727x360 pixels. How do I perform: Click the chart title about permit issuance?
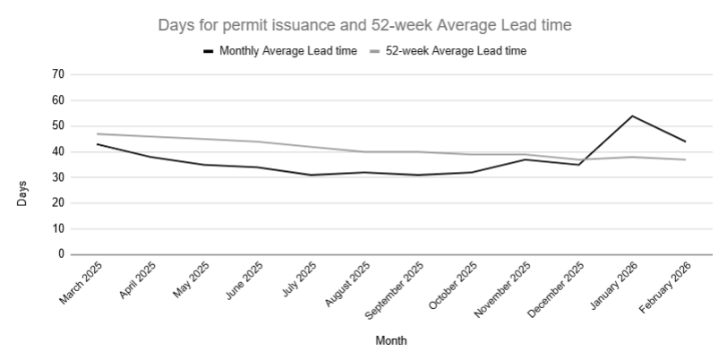[364, 25]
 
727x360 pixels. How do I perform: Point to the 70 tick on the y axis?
[58, 74]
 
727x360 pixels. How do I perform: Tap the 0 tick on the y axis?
[61, 254]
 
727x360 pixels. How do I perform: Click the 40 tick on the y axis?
[58, 151]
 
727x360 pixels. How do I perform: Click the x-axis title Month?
[390, 340]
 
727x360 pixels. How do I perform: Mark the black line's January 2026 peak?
[632, 116]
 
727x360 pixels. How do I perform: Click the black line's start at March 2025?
[97, 144]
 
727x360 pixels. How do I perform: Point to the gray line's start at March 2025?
[97, 133]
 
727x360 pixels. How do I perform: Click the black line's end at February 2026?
[686, 141]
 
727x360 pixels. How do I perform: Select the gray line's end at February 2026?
[686, 159]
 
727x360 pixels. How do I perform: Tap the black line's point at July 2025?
[311, 175]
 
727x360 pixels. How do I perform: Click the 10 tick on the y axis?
[58, 228]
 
